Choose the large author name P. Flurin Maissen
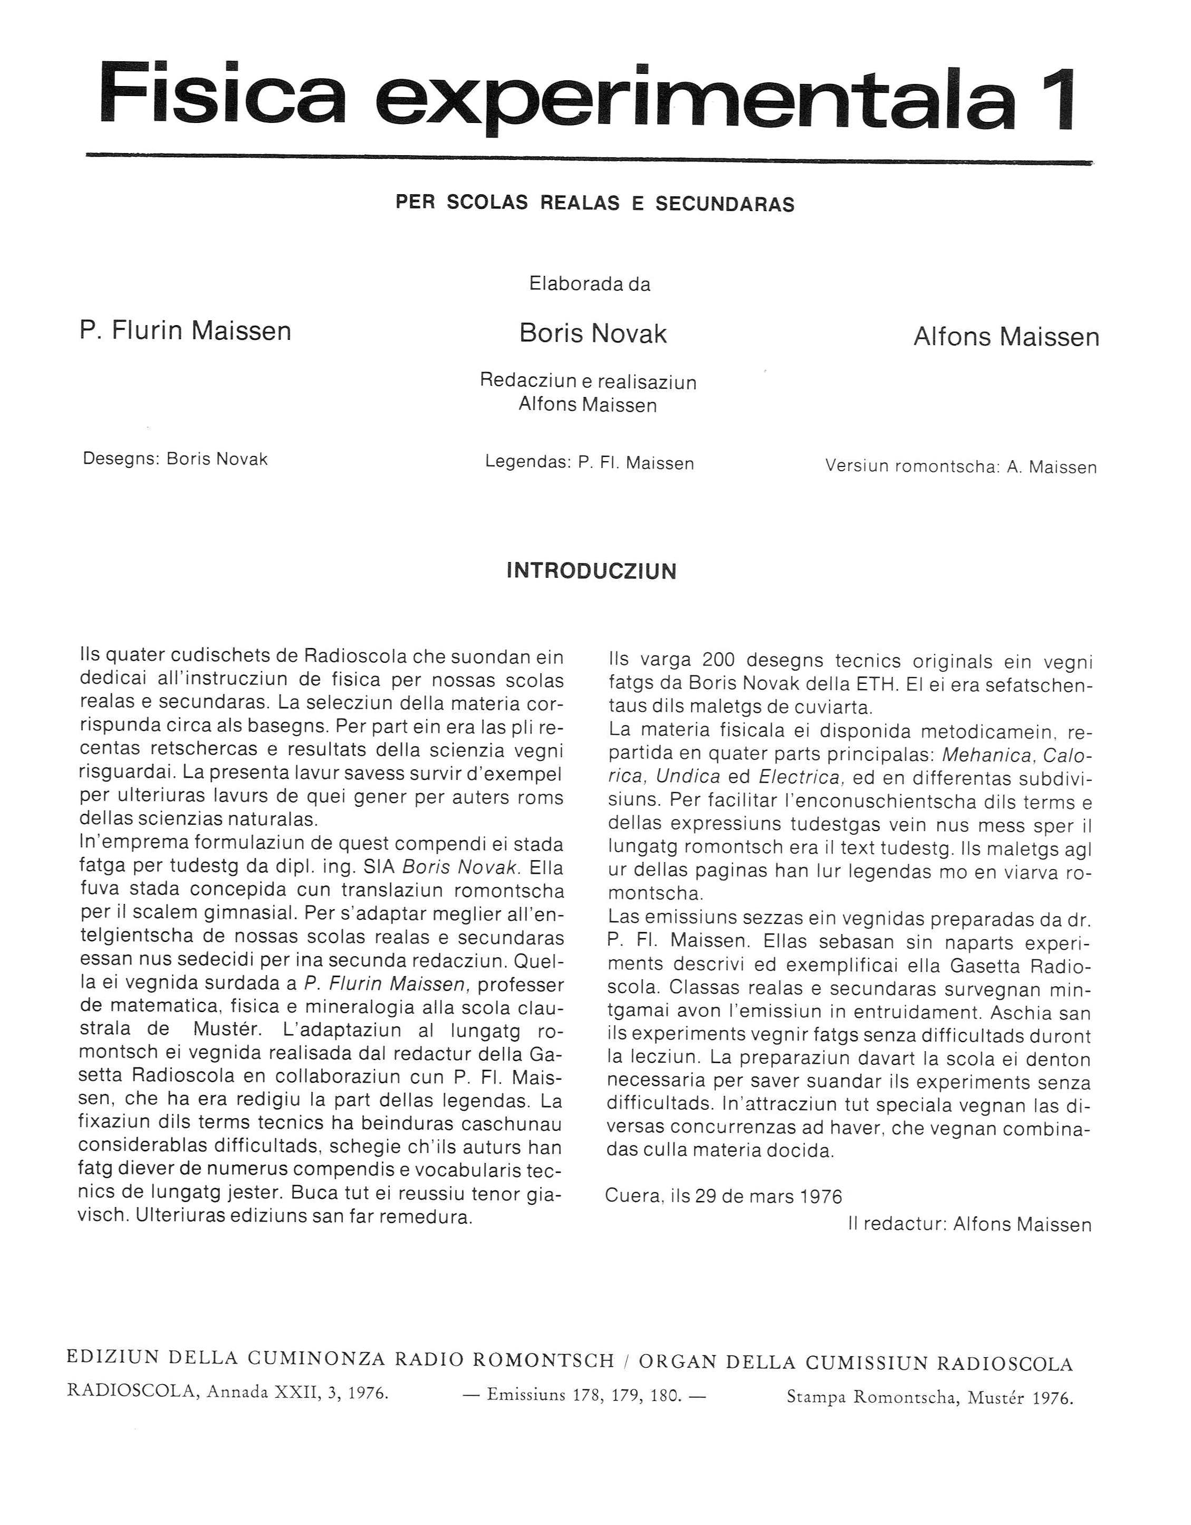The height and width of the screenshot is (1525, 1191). coord(185,330)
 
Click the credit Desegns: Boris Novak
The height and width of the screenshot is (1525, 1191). coord(175,459)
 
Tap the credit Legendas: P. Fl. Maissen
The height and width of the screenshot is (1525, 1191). coord(589,463)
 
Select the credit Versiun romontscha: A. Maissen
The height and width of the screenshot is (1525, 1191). coord(961,466)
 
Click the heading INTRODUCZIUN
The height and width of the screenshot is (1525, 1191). coord(591,571)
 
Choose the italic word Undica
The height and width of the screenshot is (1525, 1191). coord(688,778)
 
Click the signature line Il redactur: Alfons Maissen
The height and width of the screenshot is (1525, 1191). coord(969,1244)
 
